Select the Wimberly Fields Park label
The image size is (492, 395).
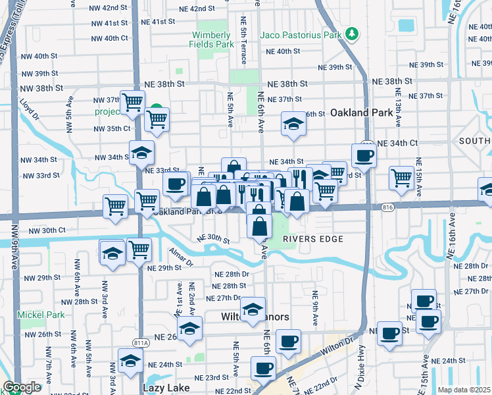click(x=212, y=39)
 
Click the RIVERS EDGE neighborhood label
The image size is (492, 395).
click(x=313, y=239)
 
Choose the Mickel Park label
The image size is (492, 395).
click(x=41, y=315)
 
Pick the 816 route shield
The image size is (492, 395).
click(x=387, y=208)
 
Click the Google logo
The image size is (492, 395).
click(x=21, y=387)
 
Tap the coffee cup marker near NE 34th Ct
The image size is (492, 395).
click(x=363, y=156)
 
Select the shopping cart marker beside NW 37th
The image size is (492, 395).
click(x=132, y=102)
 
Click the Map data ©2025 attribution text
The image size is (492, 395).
click(x=464, y=390)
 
